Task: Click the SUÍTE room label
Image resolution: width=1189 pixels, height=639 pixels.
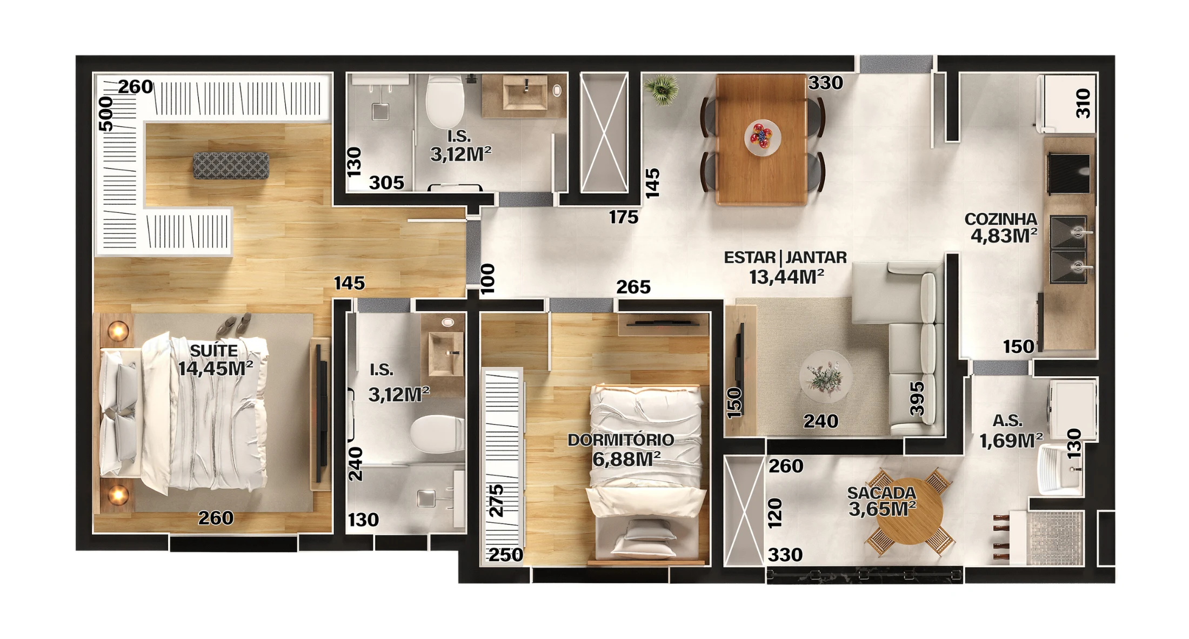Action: pos(214,351)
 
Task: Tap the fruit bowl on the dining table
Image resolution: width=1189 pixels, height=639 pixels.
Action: pos(762,136)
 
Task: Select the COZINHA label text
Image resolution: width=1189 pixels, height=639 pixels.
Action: pos(1000,219)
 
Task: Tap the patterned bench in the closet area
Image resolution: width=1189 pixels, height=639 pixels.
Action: pos(231,165)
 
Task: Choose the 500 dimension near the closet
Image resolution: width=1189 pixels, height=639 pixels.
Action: pos(106,114)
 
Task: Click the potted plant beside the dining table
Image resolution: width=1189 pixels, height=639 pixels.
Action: pos(662,89)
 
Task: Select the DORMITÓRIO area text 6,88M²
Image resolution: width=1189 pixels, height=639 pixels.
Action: pos(626,460)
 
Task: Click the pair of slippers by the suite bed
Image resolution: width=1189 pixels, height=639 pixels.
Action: pos(235,325)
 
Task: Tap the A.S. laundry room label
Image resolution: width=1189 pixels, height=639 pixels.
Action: pos(1007,421)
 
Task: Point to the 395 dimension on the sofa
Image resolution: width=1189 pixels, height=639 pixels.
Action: pos(917,399)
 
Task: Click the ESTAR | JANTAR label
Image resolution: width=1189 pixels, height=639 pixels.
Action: pos(785,258)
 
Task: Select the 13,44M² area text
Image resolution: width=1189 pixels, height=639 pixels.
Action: pos(786,277)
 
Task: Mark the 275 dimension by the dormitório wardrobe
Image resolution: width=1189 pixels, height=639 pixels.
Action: pos(496,501)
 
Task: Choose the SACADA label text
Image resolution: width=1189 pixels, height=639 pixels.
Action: pos(881,493)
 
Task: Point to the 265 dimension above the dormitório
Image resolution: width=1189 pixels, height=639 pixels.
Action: pos(633,287)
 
